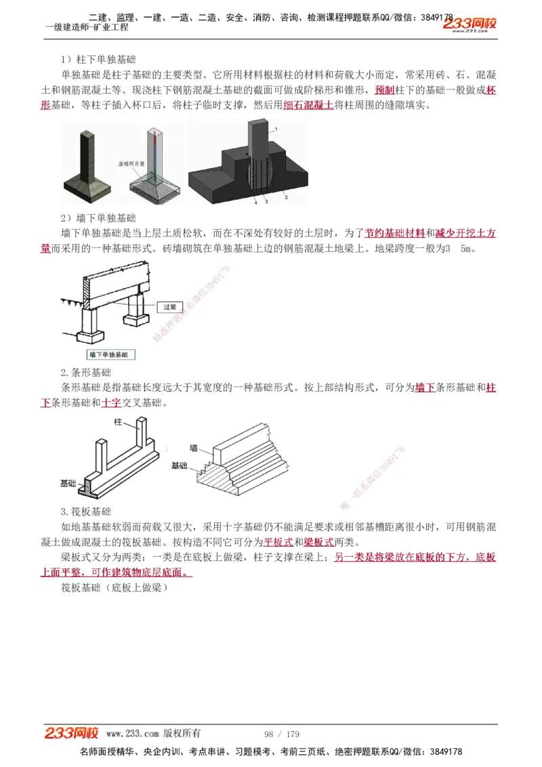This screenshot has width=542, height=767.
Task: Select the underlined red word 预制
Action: (x=384, y=90)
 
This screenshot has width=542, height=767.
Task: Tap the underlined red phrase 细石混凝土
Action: (x=308, y=106)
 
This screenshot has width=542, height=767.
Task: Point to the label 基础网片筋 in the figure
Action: (x=131, y=163)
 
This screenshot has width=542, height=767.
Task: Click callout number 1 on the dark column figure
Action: (x=276, y=129)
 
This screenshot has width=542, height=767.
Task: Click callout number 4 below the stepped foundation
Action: (x=255, y=202)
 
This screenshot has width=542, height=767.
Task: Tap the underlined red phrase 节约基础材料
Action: (x=395, y=233)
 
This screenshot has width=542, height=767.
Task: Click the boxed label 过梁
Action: (x=170, y=307)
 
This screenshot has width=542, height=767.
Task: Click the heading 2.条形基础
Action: (x=86, y=373)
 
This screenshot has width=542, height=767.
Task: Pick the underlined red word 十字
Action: (x=111, y=402)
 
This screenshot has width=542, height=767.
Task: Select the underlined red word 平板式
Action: (x=278, y=542)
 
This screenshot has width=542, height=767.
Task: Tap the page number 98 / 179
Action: (x=281, y=734)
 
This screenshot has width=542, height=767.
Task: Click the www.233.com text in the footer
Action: (x=132, y=734)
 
